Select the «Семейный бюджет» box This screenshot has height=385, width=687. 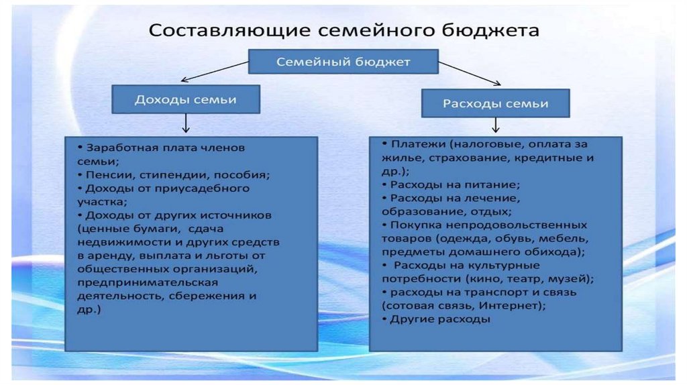[343, 62]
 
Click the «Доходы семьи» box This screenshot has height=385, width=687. [185, 99]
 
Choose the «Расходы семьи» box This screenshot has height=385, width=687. [495, 104]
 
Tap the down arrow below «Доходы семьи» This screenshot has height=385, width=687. [186, 125]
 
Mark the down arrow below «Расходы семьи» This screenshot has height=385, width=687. [495, 125]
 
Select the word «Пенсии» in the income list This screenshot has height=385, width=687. [105, 174]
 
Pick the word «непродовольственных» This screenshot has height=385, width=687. [525, 225]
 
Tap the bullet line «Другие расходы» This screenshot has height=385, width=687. [439, 320]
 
